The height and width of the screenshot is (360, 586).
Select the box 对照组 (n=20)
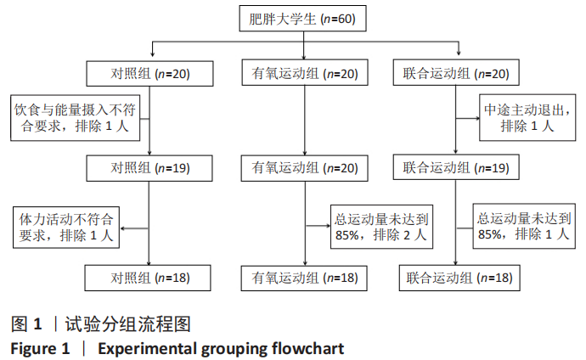pyautogui.click(x=149, y=74)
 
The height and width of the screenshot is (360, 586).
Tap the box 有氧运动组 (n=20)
pyautogui.click(x=304, y=74)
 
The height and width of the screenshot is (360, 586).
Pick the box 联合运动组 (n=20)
pyautogui.click(x=455, y=74)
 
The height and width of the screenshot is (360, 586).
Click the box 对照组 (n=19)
pyautogui.click(x=149, y=167)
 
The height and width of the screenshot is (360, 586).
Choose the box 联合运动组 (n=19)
pyautogui.click(x=455, y=167)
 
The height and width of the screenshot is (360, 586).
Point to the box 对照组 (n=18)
pyautogui.click(x=149, y=277)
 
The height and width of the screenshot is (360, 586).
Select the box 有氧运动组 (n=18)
pyautogui.click(x=304, y=277)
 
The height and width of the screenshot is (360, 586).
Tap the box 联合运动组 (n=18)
pyautogui.click(x=455, y=277)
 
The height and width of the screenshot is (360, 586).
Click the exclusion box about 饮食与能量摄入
pyautogui.click(x=65, y=119)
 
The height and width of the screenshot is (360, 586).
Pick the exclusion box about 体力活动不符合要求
pyautogui.click(x=65, y=227)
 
